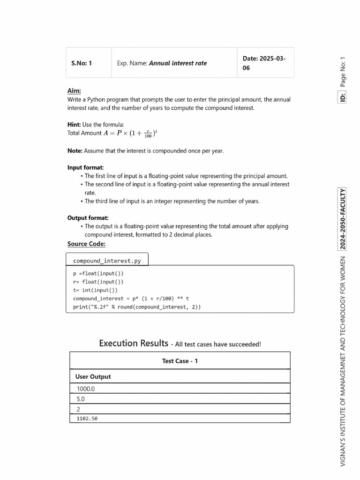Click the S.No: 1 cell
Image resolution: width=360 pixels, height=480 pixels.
pyautogui.click(x=82, y=63)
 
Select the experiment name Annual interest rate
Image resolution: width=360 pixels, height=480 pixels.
pyautogui.click(x=177, y=63)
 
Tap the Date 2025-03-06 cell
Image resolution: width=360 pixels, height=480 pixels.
pyautogui.click(x=264, y=63)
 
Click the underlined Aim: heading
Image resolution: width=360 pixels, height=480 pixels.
pyautogui.click(x=74, y=91)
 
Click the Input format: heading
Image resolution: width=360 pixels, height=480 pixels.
pyautogui.click(x=85, y=167)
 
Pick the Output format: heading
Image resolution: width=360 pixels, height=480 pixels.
pyautogui.click(x=88, y=218)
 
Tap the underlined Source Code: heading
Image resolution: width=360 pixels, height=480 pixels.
pyautogui.click(x=86, y=244)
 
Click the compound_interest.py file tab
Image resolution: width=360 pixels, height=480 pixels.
pyautogui.click(x=107, y=261)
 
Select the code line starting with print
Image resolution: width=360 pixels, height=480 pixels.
pyautogui.click(x=137, y=307)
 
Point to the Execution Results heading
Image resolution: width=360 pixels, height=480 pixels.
pyautogui.click(x=134, y=344)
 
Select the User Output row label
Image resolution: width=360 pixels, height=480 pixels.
pyautogui.click(x=93, y=376)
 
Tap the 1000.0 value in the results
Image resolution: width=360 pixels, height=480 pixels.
pyautogui.click(x=85, y=389)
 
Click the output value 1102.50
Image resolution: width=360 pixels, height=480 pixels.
pyautogui.click(x=87, y=419)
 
